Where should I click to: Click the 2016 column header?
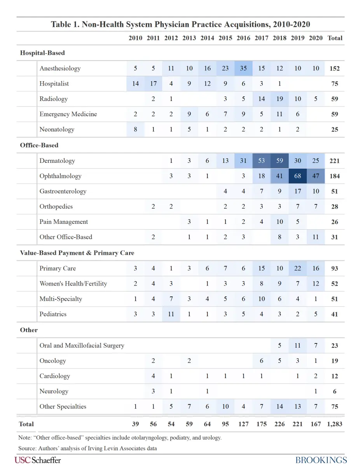(x=243, y=38)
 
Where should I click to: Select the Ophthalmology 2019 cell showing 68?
(x=297, y=176)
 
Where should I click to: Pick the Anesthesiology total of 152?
(x=334, y=68)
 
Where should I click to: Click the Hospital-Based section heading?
(x=42, y=53)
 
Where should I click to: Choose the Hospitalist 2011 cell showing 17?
(x=153, y=84)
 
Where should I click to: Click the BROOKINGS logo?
(x=321, y=460)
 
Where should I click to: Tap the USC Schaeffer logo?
(x=38, y=460)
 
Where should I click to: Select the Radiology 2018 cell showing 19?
(x=280, y=99)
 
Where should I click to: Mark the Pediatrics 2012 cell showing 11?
(x=171, y=314)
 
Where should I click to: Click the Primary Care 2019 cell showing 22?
(x=297, y=268)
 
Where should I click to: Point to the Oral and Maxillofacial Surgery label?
(x=82, y=345)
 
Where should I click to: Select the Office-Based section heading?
(x=39, y=145)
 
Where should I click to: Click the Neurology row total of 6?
(x=334, y=391)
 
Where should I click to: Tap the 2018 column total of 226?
(x=280, y=424)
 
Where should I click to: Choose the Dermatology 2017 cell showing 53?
(x=262, y=161)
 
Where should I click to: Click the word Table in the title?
(x=61, y=24)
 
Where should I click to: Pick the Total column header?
(x=335, y=38)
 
